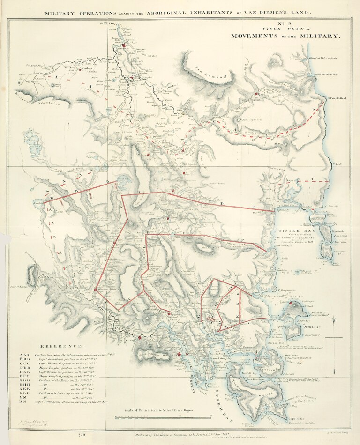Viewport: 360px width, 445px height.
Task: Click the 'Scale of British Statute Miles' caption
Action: point(159,410)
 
